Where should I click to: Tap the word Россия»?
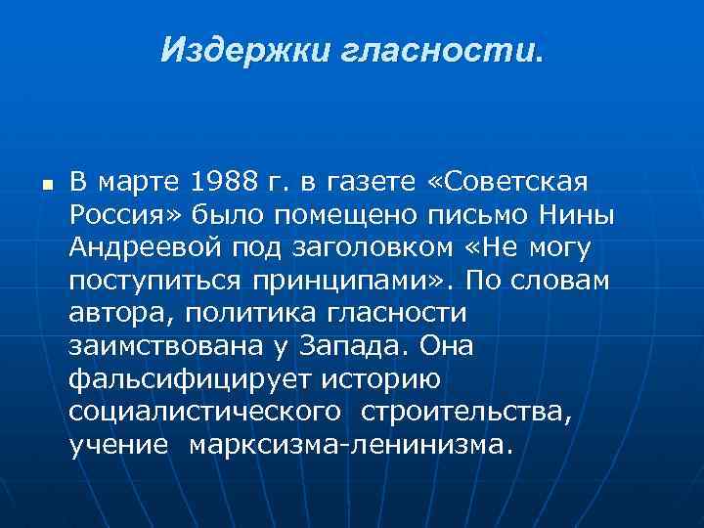click(124, 214)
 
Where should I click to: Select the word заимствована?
click(155, 347)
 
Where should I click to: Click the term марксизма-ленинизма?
click(349, 446)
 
